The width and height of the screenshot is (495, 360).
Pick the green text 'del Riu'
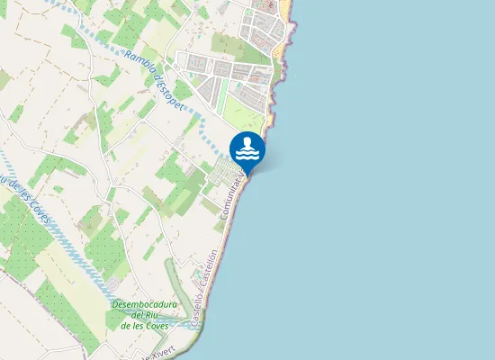click(x=146, y=314)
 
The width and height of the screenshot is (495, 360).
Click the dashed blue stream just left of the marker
click(x=212, y=139)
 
